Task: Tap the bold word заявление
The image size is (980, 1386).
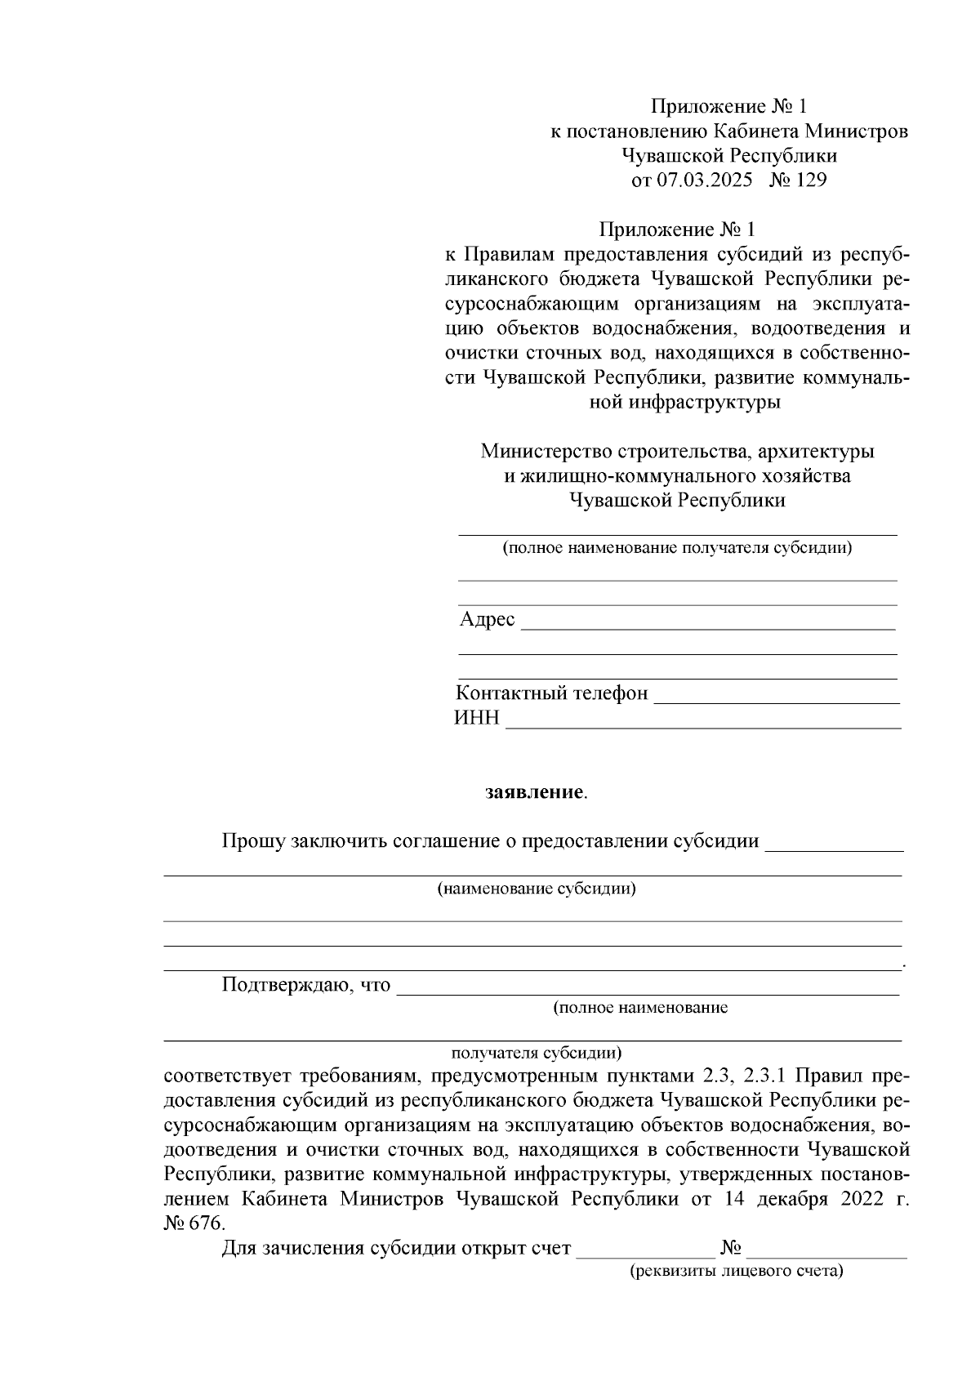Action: point(534,792)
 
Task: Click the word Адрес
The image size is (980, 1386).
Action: point(487,619)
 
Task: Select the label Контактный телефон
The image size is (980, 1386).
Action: point(551,693)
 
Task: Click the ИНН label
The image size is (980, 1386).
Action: point(476,719)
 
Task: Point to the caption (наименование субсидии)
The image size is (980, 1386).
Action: point(537,889)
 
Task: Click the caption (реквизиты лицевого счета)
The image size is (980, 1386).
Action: point(736,1272)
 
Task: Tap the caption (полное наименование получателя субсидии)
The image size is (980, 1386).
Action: point(677,547)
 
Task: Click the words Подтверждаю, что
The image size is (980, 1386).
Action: point(305,984)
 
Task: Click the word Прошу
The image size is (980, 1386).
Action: point(253,841)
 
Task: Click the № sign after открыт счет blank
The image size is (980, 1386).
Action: point(731,1248)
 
